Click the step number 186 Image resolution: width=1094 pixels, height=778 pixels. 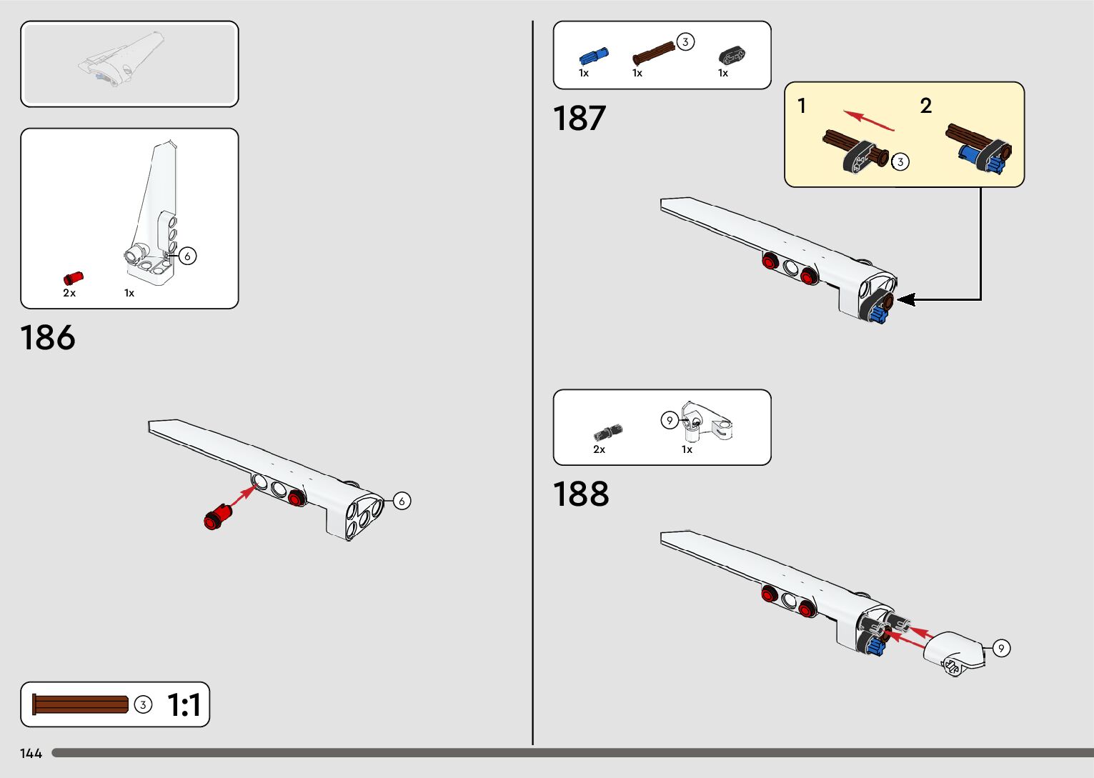(x=48, y=338)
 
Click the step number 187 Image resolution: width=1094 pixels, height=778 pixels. (x=580, y=119)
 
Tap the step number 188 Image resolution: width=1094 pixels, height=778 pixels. (x=581, y=494)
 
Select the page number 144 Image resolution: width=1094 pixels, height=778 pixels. (x=31, y=754)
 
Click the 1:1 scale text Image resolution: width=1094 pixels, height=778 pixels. (x=184, y=705)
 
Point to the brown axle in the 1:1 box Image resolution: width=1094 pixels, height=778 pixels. (x=80, y=704)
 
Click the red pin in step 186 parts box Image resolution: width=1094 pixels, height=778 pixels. (x=73, y=278)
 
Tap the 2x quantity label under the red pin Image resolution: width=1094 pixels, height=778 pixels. (x=69, y=293)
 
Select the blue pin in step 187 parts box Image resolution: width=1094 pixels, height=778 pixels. (x=593, y=56)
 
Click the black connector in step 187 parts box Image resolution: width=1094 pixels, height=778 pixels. (x=731, y=56)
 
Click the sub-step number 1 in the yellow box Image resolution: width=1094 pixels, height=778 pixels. (x=802, y=106)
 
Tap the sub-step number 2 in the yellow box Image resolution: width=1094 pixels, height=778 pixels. (x=926, y=106)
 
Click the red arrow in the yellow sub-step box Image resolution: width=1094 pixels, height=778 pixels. (x=868, y=120)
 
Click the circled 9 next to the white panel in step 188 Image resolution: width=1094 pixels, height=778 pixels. (x=1001, y=648)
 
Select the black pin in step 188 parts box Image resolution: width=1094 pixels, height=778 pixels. (x=607, y=432)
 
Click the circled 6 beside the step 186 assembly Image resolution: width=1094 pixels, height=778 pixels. (x=402, y=501)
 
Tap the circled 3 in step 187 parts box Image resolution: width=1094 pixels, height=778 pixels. (x=685, y=41)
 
